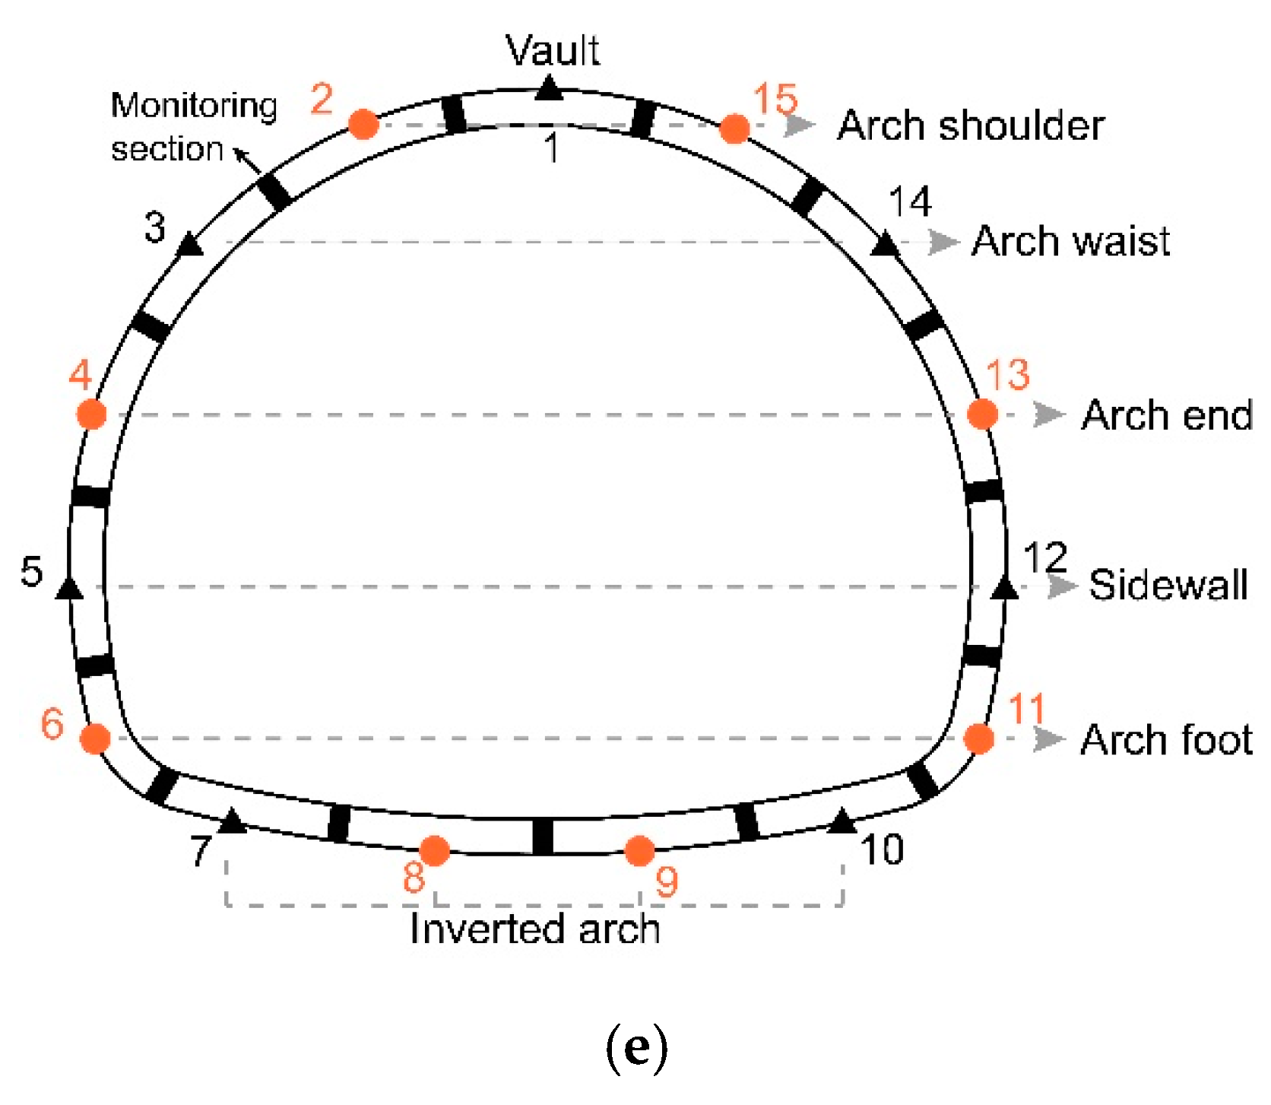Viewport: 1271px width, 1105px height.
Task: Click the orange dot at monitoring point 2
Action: pyautogui.click(x=363, y=124)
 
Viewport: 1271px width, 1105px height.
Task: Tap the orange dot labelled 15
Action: pyautogui.click(x=734, y=129)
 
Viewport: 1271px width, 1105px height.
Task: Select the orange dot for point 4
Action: pyautogui.click(x=92, y=414)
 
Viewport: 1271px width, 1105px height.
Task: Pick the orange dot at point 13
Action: pyautogui.click(x=982, y=414)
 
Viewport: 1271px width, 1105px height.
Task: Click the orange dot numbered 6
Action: pyautogui.click(x=96, y=738)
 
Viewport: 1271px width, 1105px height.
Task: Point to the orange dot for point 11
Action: pyautogui.click(x=979, y=738)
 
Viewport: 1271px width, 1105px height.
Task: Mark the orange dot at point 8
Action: pyautogui.click(x=435, y=851)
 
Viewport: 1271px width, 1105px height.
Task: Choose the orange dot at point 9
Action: pyautogui.click(x=640, y=851)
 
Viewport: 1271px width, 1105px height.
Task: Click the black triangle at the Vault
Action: pyautogui.click(x=549, y=90)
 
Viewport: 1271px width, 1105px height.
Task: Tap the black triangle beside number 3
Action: pyautogui.click(x=190, y=246)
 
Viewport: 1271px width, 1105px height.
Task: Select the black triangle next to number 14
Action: pyautogui.click(x=884, y=245)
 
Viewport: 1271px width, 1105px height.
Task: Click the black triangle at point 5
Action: pyautogui.click(x=70, y=588)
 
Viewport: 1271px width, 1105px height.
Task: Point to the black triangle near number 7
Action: pyautogui.click(x=232, y=821)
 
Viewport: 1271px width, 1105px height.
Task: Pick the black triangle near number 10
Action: pyautogui.click(x=842, y=822)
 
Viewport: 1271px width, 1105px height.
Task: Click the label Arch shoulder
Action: pyautogui.click(x=971, y=125)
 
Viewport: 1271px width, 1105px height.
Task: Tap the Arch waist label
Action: pyautogui.click(x=1070, y=242)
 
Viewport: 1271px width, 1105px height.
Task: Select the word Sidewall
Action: pyautogui.click(x=1168, y=585)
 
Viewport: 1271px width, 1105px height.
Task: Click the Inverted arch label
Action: pyautogui.click(x=534, y=929)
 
